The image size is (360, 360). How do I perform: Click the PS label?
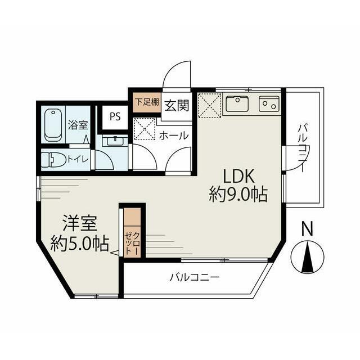(115, 117)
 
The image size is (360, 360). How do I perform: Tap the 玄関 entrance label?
(177, 106)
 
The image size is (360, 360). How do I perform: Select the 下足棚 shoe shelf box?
(147, 102)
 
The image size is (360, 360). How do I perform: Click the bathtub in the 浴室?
(53, 125)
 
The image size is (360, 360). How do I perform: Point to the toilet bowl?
(53, 159)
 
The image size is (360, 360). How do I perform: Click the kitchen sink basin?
(237, 103)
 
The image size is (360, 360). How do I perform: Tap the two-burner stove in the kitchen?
(269, 103)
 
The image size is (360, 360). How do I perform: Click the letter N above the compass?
(307, 228)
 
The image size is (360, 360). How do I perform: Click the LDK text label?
(238, 176)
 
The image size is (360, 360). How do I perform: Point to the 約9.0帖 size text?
(238, 195)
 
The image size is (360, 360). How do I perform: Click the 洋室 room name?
(80, 223)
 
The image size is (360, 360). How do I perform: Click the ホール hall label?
(174, 136)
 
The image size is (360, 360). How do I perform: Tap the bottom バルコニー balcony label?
(195, 277)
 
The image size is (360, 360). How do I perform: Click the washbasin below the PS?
(115, 140)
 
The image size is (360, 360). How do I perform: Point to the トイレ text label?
(78, 159)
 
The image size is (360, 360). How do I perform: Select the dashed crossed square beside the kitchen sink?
(208, 105)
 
